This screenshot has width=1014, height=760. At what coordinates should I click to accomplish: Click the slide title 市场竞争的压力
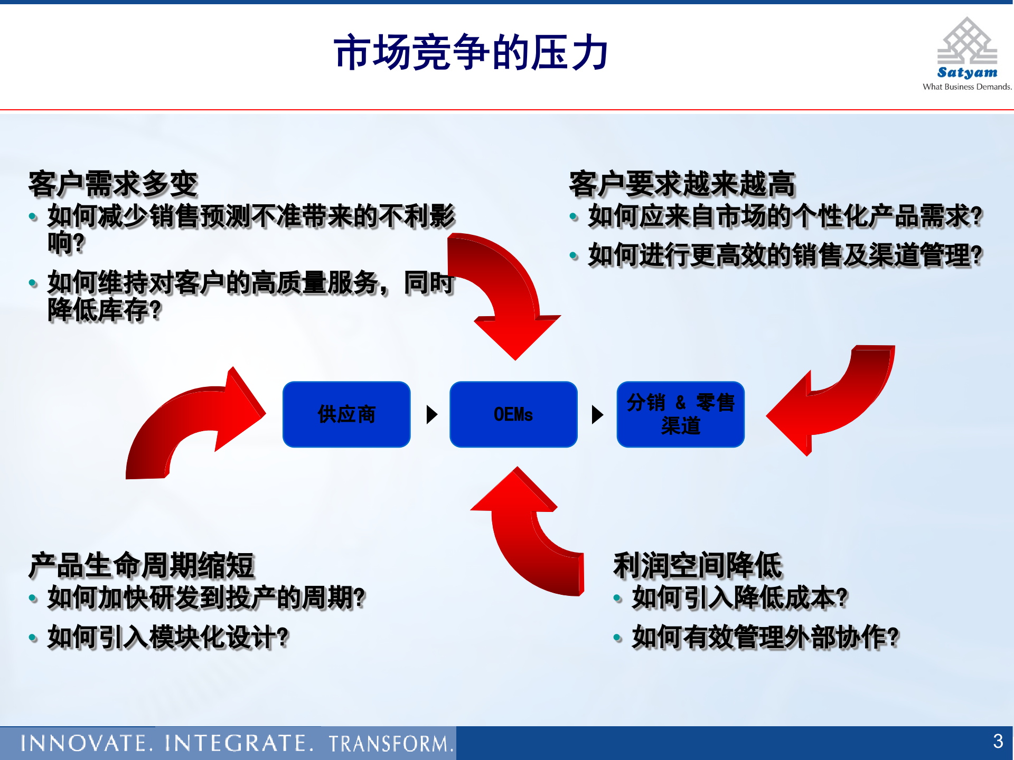[x=471, y=53]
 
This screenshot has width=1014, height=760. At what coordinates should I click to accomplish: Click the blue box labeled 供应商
[x=346, y=414]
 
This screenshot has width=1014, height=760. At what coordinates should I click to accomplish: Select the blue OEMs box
[x=513, y=414]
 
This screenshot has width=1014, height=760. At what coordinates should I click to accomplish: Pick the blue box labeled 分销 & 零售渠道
[x=680, y=414]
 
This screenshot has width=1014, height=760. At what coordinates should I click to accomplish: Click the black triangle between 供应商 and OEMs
[x=431, y=415]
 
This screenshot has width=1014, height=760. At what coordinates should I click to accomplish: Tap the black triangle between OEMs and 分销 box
[x=597, y=415]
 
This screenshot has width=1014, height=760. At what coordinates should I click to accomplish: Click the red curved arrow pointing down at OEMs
[x=507, y=296]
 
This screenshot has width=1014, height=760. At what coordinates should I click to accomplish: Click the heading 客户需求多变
[x=113, y=184]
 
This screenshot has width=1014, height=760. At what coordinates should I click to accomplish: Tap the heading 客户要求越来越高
[x=682, y=184]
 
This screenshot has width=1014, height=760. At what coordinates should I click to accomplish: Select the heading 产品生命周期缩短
[x=142, y=565]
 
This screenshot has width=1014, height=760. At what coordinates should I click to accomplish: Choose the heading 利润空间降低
[x=697, y=565]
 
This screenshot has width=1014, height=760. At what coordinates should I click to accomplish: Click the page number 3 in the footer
[x=998, y=742]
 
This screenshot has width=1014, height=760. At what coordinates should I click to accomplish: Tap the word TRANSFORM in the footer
[x=390, y=744]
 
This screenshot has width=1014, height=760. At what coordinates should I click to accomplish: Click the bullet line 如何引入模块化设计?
[x=168, y=637]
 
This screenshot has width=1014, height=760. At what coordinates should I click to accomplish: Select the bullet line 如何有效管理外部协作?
[x=765, y=637]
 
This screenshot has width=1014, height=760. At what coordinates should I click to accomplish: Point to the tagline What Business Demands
[x=967, y=87]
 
